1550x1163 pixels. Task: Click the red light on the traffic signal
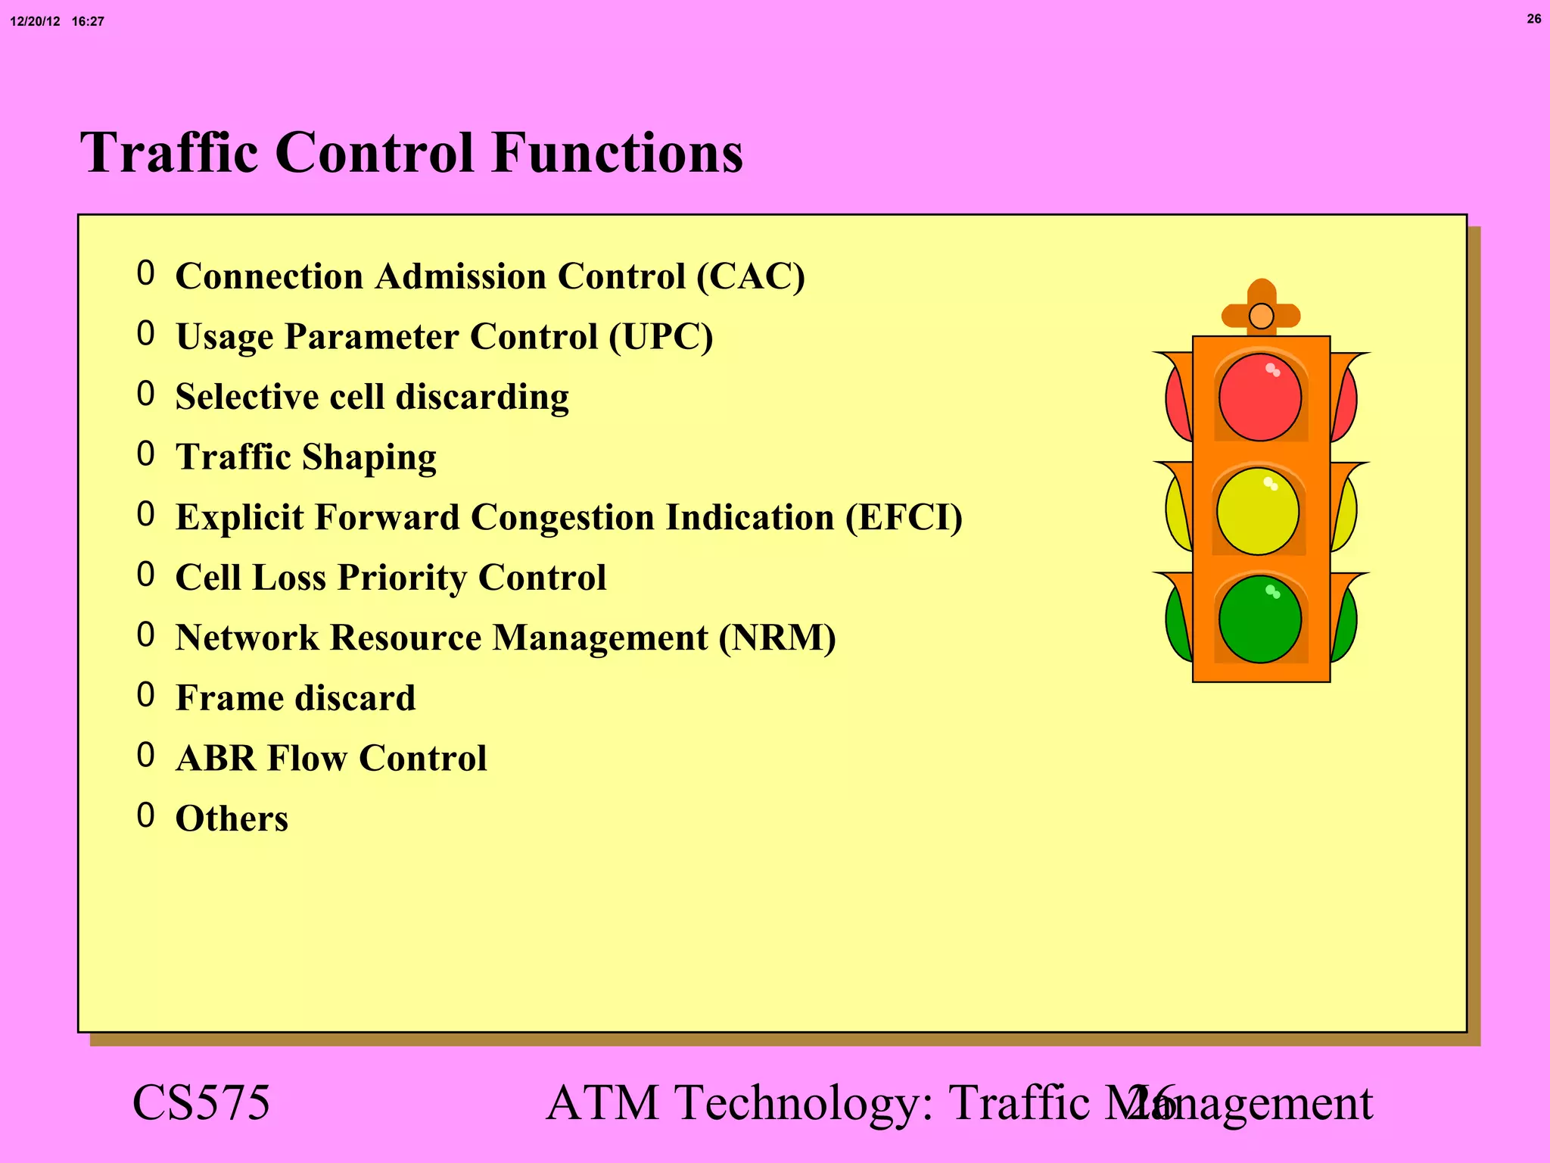[1260, 398]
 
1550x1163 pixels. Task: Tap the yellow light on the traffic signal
[1258, 511]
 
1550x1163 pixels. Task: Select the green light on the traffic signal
[1260, 619]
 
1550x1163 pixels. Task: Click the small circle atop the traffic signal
[1261, 316]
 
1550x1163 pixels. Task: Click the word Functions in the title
[617, 153]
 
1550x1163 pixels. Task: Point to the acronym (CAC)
[750, 276]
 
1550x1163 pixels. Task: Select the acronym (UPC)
[661, 337]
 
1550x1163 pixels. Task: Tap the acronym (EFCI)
[904, 518]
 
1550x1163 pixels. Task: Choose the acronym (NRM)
[777, 638]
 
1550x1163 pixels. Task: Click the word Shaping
[369, 458]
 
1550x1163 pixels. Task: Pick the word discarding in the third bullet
[482, 398]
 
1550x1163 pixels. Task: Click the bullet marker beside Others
[146, 815]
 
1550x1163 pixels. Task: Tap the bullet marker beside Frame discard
[146, 695]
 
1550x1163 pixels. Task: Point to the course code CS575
[201, 1102]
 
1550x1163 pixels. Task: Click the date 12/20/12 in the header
[35, 22]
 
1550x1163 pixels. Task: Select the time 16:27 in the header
[88, 22]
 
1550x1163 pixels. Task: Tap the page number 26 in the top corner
[1533, 19]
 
